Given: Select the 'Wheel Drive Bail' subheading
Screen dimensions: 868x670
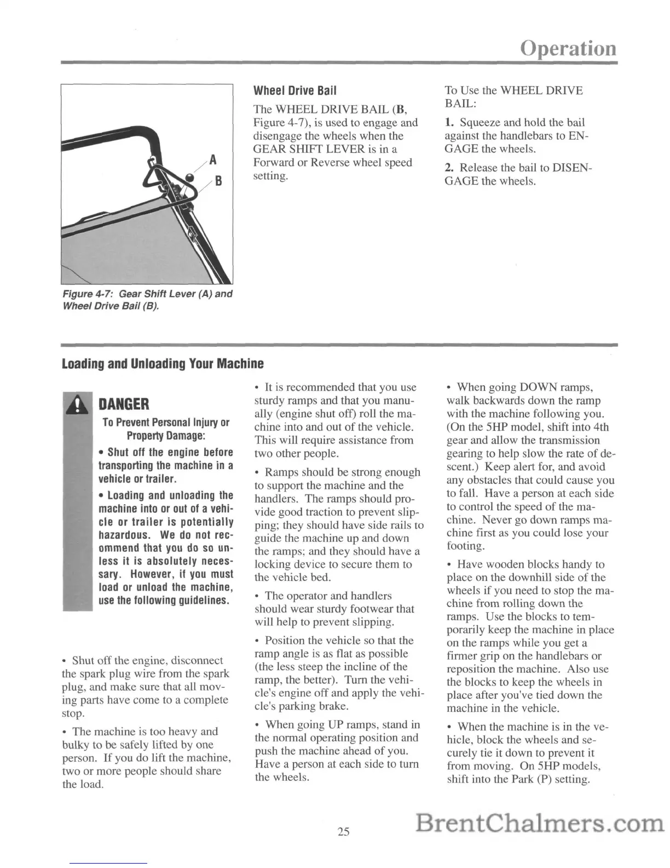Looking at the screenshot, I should point(294,90).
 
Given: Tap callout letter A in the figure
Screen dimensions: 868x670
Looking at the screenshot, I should point(213,160).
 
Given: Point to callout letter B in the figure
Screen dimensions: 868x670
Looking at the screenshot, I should point(217,180).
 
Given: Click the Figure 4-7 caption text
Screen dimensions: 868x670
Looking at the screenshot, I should point(147,300).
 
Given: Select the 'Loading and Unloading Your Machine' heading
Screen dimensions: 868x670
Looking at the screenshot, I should point(163,363).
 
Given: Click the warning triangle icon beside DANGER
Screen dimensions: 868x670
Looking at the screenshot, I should point(80,405).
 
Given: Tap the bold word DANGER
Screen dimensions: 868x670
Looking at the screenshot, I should point(123,405).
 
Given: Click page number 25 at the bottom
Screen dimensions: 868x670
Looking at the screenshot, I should point(343,831).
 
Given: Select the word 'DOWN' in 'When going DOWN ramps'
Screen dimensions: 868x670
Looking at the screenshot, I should point(536,387).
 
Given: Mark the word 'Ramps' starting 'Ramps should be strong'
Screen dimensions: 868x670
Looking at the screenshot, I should point(280,472).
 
